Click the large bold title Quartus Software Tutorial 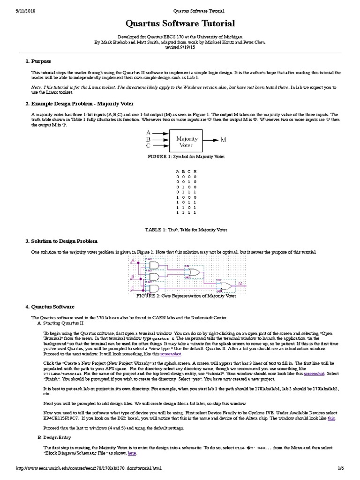tap(180, 23)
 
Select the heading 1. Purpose tap(38, 62)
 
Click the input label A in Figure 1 tap(148, 133)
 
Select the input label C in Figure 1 tap(148, 146)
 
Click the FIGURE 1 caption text tap(180, 156)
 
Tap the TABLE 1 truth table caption tap(180, 230)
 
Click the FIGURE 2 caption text tap(180, 296)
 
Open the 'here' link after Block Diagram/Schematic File tap(132, 454)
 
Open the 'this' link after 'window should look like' tap(331, 418)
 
